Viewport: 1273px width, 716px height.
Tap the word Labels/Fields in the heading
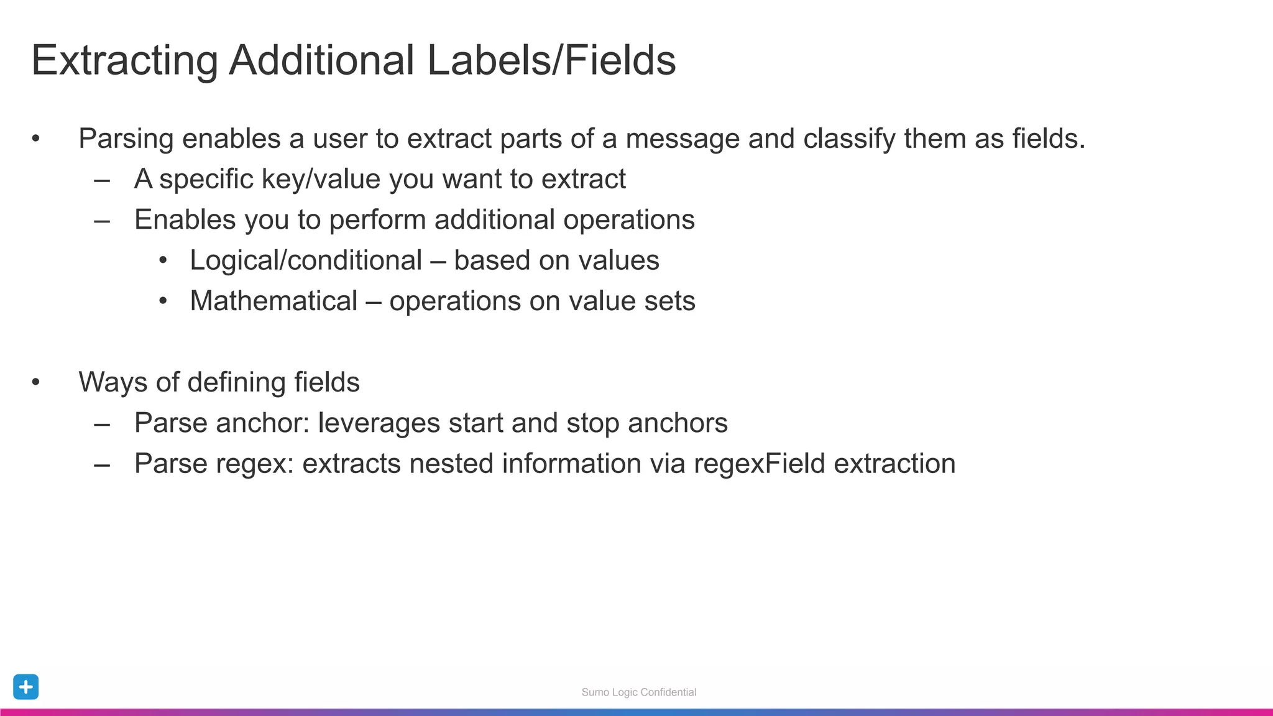551,61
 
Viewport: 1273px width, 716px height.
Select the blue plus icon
26,687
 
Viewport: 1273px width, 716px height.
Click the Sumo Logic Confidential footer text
638,692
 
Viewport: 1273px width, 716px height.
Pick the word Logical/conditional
306,260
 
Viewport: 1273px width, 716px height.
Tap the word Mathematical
273,301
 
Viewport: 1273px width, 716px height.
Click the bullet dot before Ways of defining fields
36,382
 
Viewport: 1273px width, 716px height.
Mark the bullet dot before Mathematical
163,301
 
